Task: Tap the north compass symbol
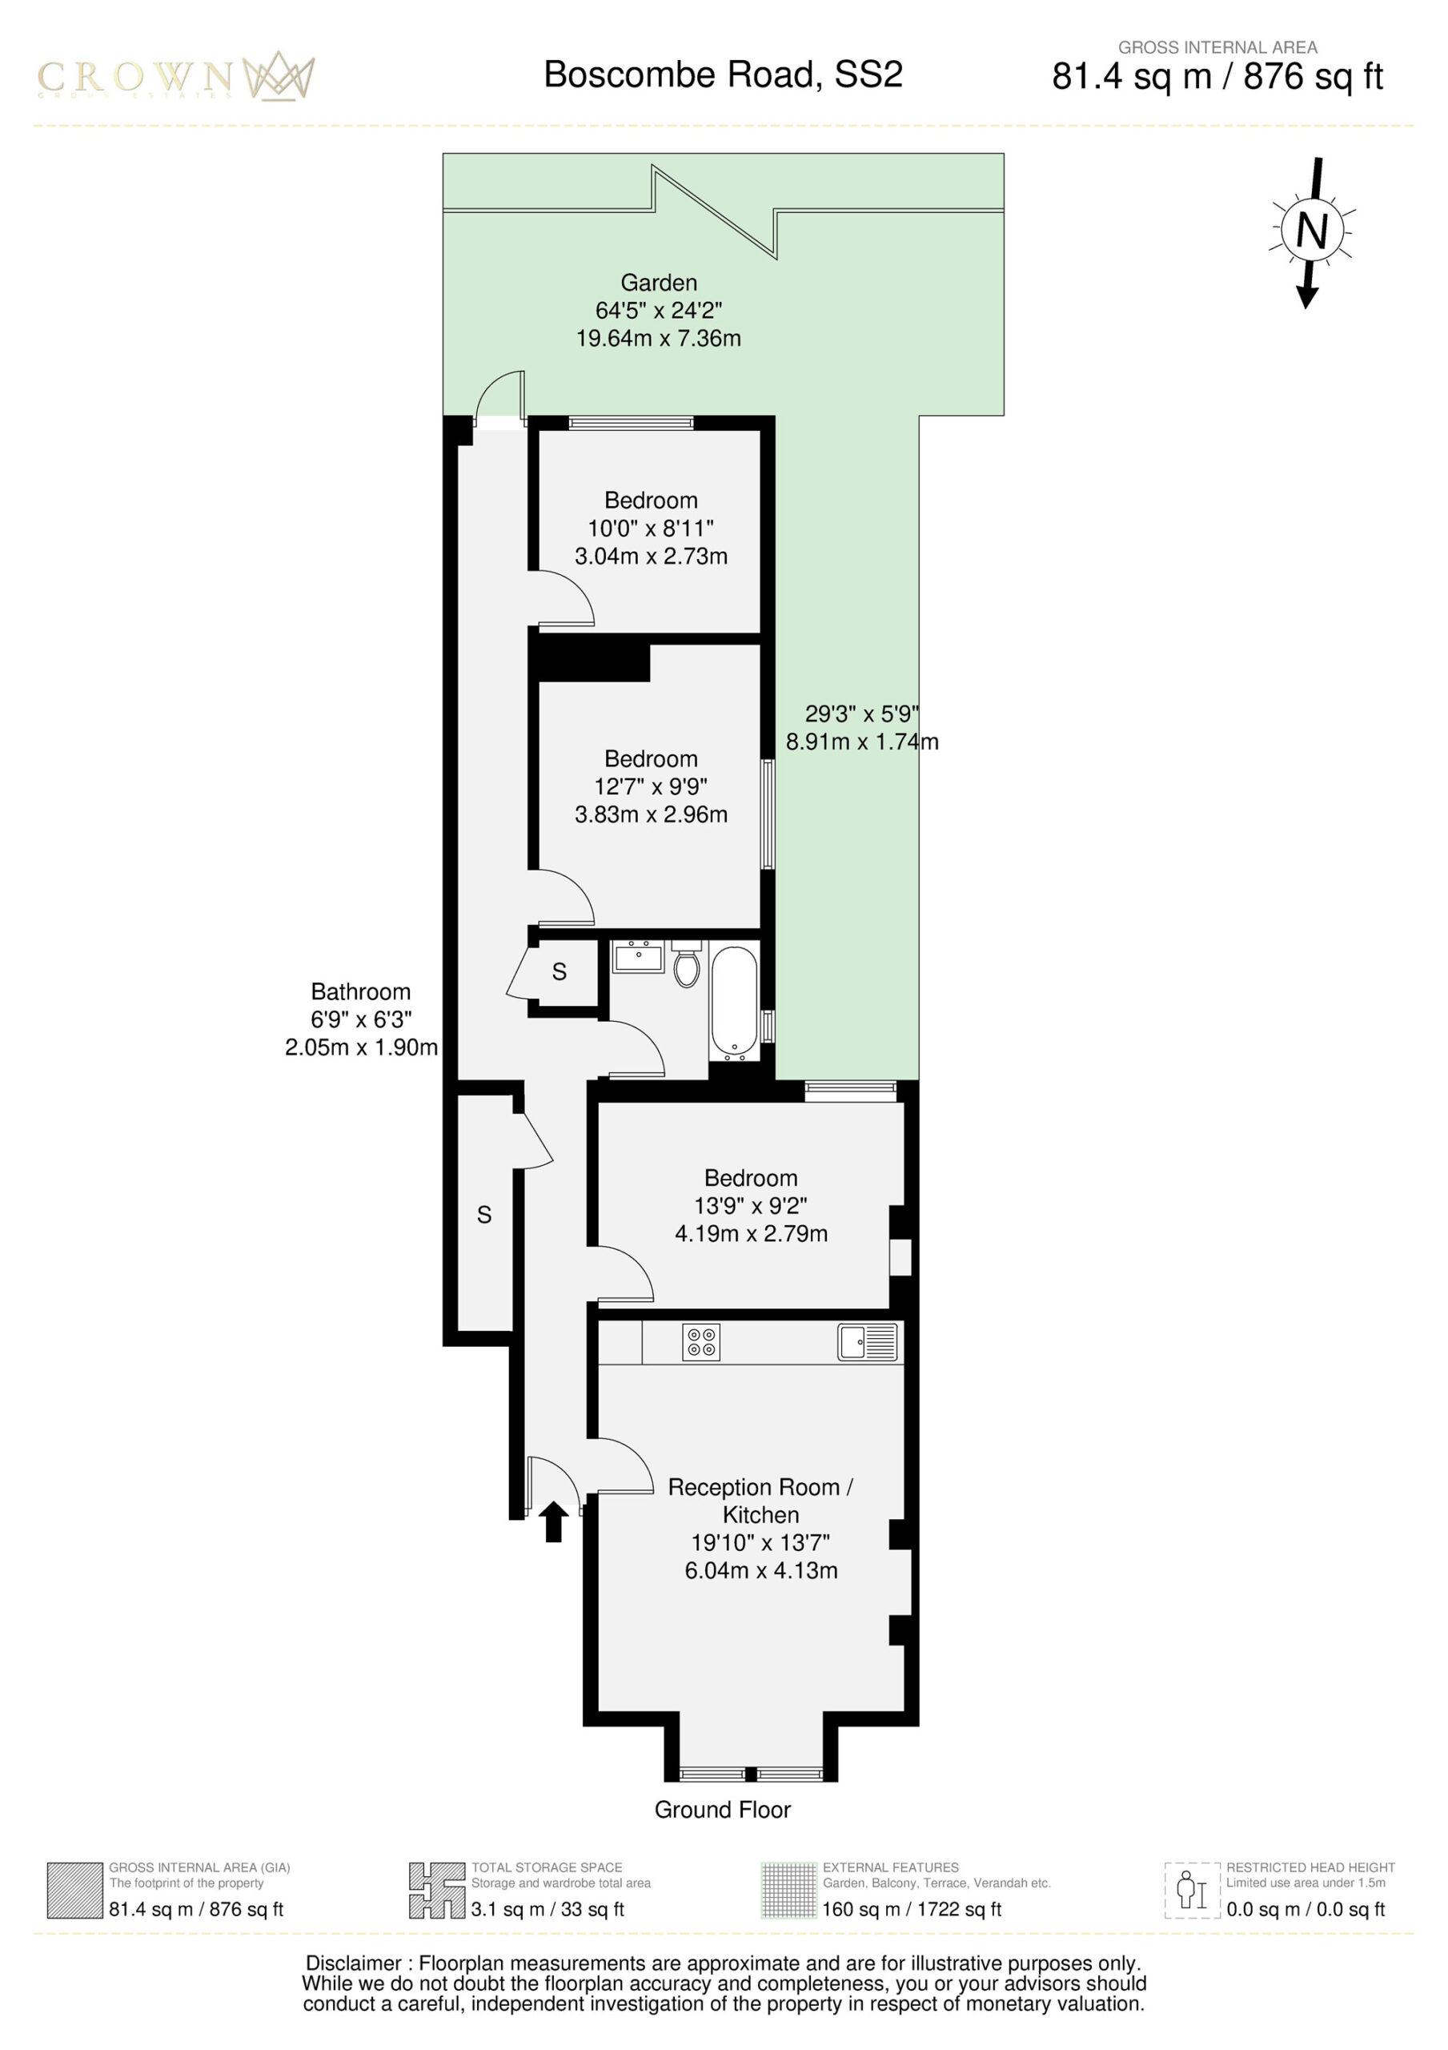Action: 1310,232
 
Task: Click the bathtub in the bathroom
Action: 735,1003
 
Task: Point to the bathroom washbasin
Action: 638,955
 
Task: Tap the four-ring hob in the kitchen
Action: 701,1342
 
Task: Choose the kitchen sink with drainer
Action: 867,1342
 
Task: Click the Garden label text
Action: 659,282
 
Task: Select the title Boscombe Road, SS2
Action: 723,74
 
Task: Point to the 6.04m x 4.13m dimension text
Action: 761,1570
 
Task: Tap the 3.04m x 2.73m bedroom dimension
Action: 651,556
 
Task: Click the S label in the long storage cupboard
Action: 483,1214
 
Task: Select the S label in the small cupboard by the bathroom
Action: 560,971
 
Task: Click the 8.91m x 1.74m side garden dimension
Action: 862,741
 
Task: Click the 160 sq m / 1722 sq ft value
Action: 912,1909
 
